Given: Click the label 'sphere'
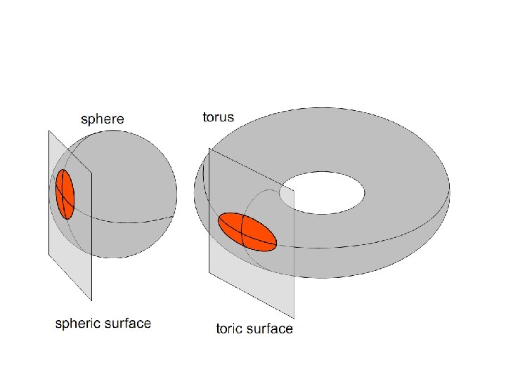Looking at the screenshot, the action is [103, 119].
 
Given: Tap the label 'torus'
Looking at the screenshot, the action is [219, 117].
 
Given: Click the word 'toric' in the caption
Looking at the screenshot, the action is [232, 328].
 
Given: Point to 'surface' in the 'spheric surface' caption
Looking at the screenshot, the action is [128, 324].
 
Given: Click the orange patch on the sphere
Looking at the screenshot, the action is [65, 194].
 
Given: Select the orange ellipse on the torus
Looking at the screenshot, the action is [247, 231].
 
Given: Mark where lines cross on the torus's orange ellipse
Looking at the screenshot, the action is [242, 231].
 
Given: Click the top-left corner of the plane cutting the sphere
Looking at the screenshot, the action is [48, 131].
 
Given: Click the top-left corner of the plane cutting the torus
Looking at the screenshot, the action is [209, 148].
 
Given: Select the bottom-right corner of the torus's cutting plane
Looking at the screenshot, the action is [294, 319].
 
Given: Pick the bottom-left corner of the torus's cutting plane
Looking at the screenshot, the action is [209, 272].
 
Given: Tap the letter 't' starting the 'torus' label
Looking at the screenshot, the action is [205, 117].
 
